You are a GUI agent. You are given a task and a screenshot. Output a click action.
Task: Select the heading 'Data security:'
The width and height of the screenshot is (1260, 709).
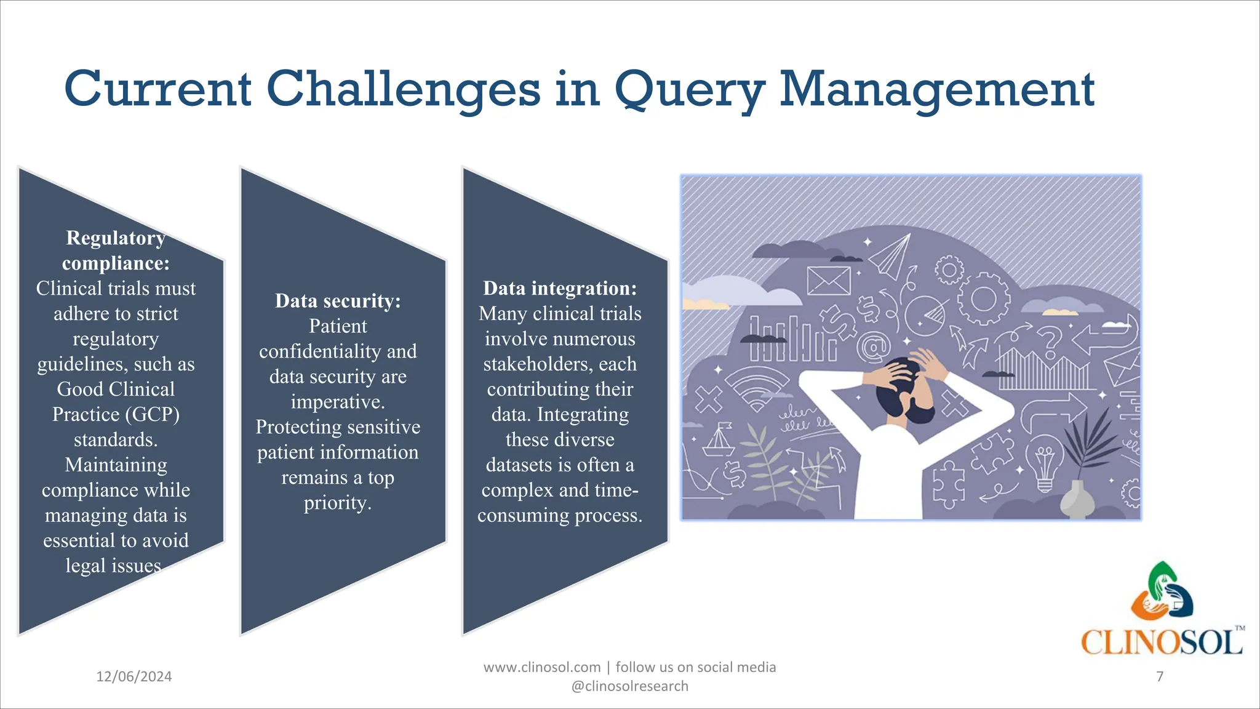pos(338,301)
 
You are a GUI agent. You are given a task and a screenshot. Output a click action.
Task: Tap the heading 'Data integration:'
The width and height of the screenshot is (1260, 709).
pos(560,288)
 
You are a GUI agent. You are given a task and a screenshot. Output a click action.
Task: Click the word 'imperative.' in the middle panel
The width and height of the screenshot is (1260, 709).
pos(338,402)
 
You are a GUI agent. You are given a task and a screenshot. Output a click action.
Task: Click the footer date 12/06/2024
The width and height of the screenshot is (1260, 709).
pos(134,677)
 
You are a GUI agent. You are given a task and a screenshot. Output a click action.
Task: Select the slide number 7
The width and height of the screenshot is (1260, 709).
pos(1160,676)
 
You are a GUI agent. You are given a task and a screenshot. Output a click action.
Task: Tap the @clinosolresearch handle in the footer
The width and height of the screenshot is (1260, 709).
pos(630,686)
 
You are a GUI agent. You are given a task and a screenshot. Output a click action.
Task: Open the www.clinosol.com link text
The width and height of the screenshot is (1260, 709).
pos(542,667)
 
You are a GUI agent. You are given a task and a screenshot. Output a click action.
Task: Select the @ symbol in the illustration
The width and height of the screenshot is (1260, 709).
pos(874,346)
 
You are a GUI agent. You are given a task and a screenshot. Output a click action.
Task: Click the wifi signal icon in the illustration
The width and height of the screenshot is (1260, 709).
pos(756,388)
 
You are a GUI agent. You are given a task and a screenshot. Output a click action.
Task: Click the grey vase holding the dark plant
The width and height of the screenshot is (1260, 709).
pos(1075,500)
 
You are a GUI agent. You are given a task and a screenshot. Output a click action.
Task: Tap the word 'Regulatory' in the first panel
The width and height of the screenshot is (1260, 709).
pos(116,238)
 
